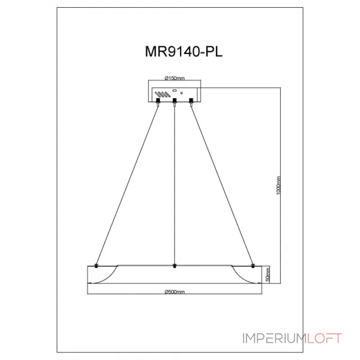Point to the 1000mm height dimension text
[279, 185]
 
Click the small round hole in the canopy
[181, 93]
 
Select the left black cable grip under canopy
[158, 100]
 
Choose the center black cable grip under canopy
[175, 100]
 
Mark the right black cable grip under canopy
[191, 100]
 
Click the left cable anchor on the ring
[96, 265]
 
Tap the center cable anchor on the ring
[175, 265]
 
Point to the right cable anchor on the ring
[253, 265]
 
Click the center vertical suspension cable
[175, 180]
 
